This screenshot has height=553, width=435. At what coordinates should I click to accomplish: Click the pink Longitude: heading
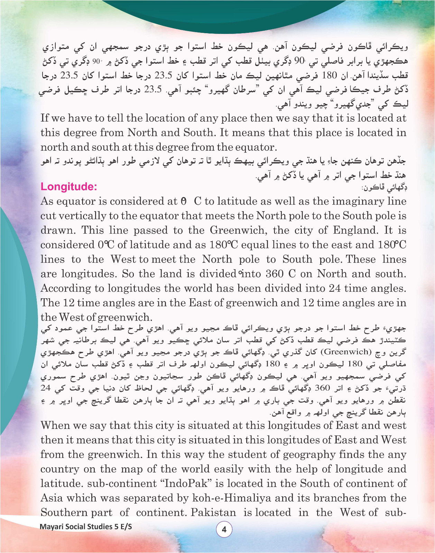[69, 187]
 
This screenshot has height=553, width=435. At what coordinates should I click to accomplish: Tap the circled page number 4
[224, 529]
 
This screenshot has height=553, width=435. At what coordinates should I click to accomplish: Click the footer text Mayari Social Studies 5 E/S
[86, 527]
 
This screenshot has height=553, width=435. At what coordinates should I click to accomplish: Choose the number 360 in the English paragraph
[275, 274]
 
